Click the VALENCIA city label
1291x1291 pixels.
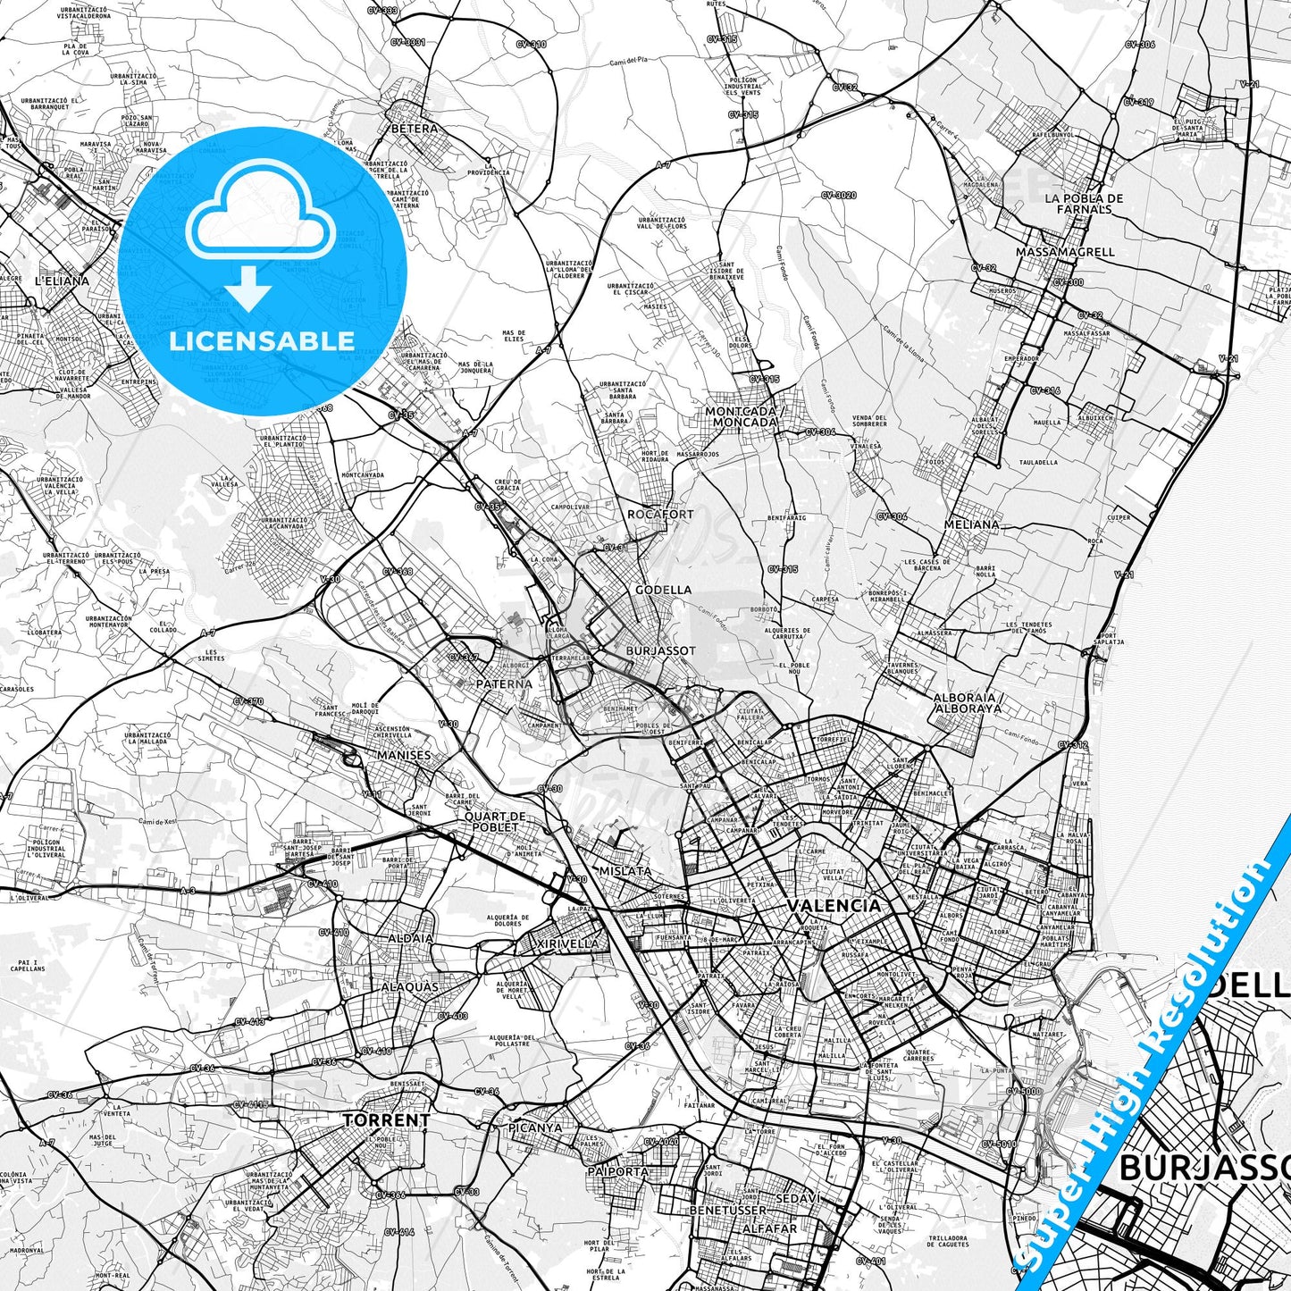click(834, 905)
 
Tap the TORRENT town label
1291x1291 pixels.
click(387, 1119)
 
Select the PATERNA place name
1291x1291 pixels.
click(504, 683)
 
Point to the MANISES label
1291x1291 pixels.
click(403, 755)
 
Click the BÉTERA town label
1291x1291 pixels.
click(415, 128)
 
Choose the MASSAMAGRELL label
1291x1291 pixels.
click(1065, 252)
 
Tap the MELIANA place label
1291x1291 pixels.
click(972, 524)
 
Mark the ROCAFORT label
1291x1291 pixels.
click(660, 515)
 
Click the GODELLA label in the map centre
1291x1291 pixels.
click(663, 590)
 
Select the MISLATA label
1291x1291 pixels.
click(625, 870)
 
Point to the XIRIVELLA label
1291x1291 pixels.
click(567, 943)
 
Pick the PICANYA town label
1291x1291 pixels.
click(535, 1128)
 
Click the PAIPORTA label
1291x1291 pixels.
click(618, 1171)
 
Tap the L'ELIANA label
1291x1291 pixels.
click(62, 281)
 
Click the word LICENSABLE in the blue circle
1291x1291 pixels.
click(262, 340)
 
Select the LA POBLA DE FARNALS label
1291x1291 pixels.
click(1084, 203)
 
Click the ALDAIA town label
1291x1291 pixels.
click(410, 938)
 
